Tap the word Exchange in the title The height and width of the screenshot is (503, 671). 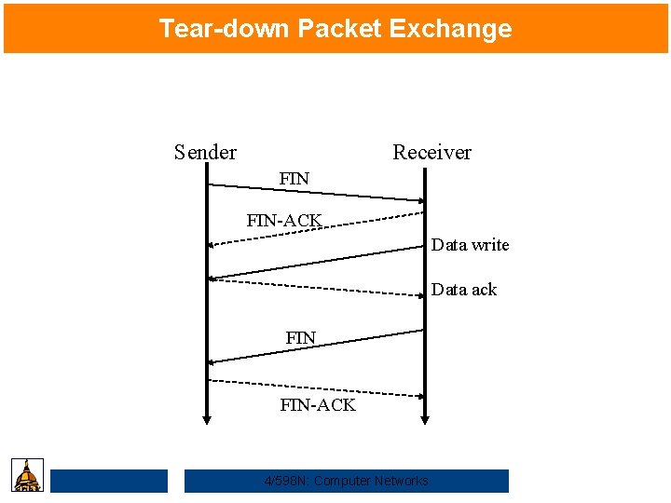(450, 28)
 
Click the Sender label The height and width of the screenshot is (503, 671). (205, 152)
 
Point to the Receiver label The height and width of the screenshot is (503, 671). (431, 152)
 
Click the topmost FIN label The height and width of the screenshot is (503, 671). (294, 178)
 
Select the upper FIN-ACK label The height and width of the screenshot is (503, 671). (284, 221)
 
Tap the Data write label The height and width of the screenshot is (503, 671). (470, 245)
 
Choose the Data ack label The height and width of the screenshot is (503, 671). (463, 290)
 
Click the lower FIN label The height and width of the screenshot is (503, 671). (301, 337)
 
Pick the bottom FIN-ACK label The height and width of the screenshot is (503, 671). (318, 404)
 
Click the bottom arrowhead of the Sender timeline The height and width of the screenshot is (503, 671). (208, 420)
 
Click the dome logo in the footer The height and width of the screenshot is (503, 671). (27, 475)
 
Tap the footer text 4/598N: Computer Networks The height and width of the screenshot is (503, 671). (347, 481)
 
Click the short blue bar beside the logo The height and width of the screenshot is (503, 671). (109, 481)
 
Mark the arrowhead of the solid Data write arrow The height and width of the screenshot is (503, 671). (213, 278)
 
